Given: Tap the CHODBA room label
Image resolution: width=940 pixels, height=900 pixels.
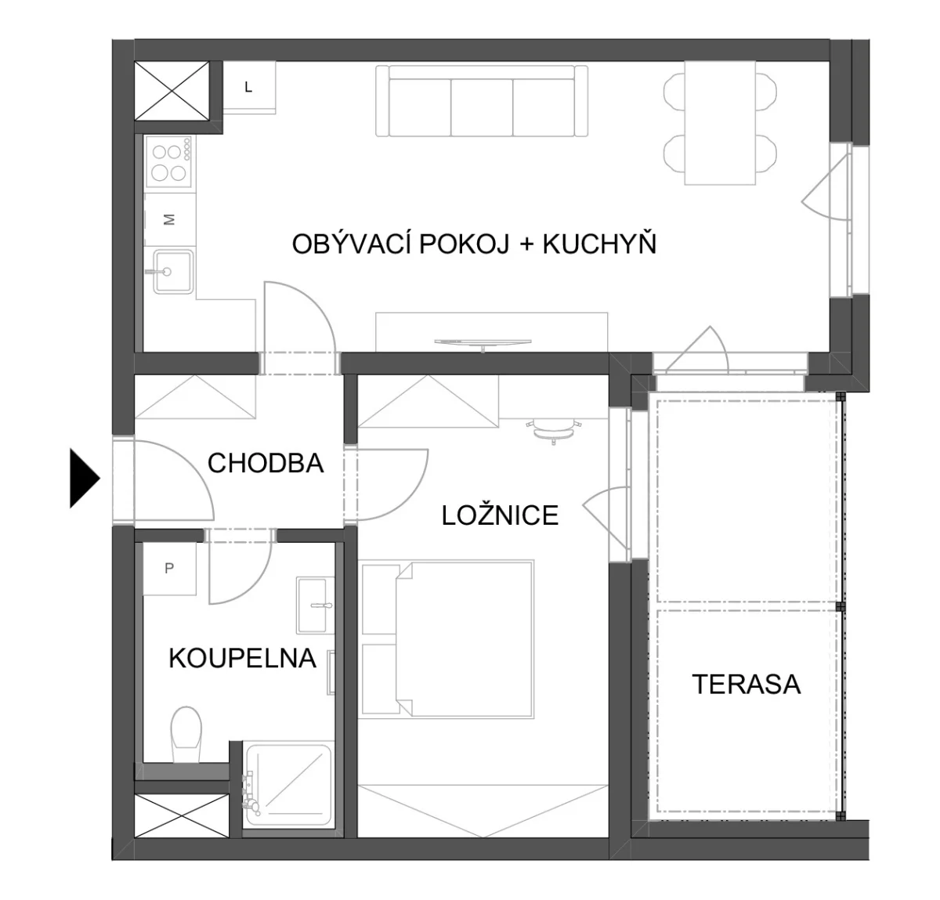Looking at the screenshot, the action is click(266, 463).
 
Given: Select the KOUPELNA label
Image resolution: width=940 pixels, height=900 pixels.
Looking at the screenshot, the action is click(243, 658).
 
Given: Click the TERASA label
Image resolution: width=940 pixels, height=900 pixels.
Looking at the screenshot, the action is click(747, 684).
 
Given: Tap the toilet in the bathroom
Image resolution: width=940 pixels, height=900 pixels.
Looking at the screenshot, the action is click(186, 735).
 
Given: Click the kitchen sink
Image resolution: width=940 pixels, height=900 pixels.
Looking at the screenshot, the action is click(173, 271).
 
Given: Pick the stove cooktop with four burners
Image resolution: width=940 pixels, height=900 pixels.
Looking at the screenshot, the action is click(169, 162).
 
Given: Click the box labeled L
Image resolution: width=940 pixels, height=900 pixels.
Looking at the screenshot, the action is click(249, 88).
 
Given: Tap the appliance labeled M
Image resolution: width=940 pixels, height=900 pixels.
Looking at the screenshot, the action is click(170, 220).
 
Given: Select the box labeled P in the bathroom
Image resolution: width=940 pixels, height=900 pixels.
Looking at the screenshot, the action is click(169, 569).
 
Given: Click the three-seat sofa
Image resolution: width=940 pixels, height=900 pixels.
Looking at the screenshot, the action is click(482, 102).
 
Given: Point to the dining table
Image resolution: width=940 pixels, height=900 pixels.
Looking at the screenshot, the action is click(720, 123).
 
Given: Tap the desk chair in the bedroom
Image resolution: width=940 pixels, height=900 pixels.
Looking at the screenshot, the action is click(554, 431).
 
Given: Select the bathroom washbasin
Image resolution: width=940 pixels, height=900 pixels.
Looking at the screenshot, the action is click(315, 605).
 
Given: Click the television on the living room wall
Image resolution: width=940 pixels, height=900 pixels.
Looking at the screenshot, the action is click(483, 343).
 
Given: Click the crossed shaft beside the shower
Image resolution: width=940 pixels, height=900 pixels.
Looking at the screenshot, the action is click(181, 816).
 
